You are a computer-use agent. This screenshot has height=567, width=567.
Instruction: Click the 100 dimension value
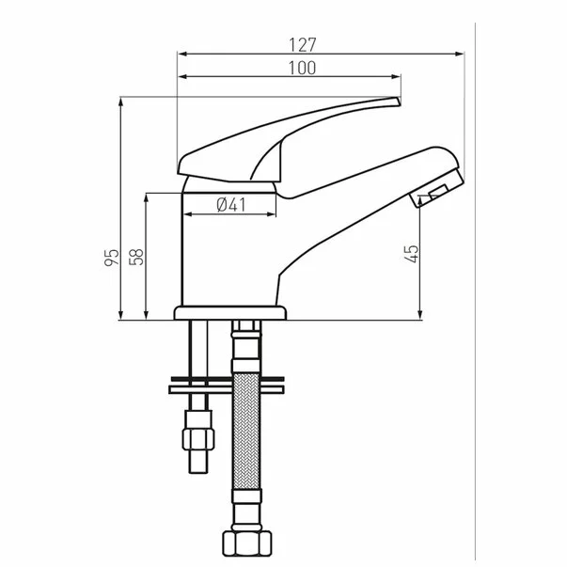pos(302,68)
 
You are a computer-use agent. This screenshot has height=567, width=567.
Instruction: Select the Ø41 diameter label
pos(229,205)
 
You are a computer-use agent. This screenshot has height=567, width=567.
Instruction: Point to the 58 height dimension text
pos(137,256)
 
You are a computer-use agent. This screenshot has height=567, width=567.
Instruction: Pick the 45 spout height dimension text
pos(412,254)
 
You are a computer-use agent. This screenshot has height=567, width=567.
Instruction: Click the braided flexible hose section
pos(246,433)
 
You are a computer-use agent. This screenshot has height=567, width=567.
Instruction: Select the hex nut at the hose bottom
pos(246,543)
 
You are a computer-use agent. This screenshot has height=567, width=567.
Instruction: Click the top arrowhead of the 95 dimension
pos(122,100)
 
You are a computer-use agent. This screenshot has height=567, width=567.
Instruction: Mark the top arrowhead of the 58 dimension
pos(148,197)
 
